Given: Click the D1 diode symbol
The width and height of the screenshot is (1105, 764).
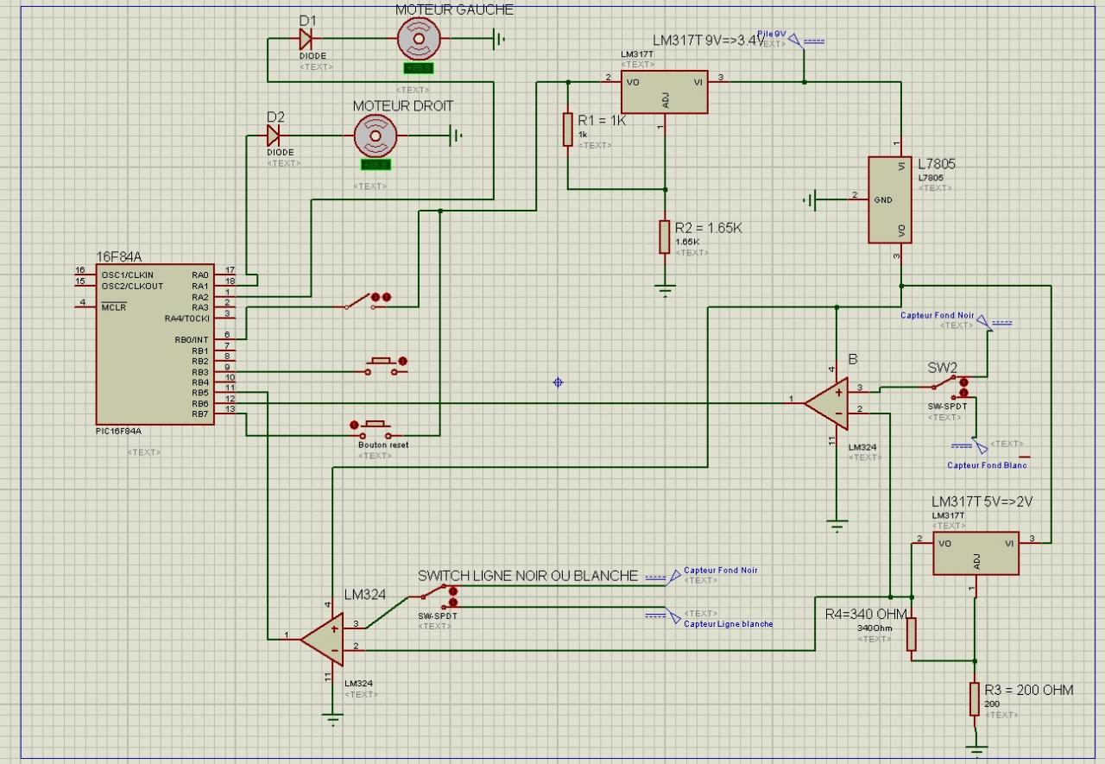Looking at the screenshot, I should [305, 38].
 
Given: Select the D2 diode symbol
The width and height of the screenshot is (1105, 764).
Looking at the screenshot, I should [274, 135].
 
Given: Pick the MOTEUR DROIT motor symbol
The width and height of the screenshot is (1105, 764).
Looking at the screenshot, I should [376, 134].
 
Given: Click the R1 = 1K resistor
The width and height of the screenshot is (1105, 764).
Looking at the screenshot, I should [568, 129].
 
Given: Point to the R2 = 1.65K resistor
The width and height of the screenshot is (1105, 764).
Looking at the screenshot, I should [665, 236].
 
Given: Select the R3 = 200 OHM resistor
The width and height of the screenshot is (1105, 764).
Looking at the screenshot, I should [975, 699].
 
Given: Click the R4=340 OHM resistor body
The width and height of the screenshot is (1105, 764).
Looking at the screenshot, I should [912, 635].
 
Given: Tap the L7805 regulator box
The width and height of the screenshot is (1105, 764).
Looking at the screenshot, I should [889, 199].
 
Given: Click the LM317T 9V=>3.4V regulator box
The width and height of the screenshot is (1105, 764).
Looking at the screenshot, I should [664, 92].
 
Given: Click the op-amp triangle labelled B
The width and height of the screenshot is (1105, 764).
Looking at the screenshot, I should [828, 401].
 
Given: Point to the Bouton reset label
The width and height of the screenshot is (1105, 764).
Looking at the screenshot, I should [383, 445].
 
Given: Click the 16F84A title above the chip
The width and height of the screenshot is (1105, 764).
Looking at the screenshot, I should [119, 256].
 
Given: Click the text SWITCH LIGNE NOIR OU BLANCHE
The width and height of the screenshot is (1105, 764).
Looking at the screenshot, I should [527, 576].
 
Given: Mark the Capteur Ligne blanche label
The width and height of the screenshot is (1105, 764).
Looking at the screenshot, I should [728, 623].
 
